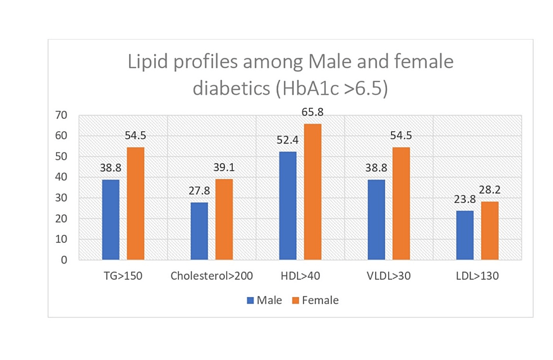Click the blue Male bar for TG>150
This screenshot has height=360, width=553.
tap(110, 220)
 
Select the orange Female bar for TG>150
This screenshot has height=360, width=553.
tap(135, 204)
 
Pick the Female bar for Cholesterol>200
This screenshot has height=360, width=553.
tap(224, 219)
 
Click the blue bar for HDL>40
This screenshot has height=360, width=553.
tap(288, 206)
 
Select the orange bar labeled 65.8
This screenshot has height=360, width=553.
tap(312, 192)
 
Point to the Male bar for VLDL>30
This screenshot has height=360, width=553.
tap(376, 220)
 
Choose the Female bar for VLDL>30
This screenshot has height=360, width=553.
tap(401, 204)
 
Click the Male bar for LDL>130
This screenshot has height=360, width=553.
tap(465, 236)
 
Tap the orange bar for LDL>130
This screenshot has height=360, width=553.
tap(490, 230)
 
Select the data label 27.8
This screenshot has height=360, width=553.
tap(199, 192)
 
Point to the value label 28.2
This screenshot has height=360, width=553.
tap(490, 190)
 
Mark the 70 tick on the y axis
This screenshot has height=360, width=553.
tap(61, 116)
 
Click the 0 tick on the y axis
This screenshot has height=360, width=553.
tap(64, 260)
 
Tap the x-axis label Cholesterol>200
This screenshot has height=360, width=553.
tap(211, 276)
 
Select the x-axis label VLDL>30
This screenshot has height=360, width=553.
tap(389, 276)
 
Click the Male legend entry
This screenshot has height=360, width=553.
tap(264, 300)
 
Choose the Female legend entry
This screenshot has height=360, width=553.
tap(315, 300)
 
